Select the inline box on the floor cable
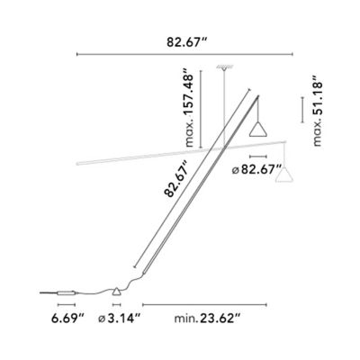(65, 292)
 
